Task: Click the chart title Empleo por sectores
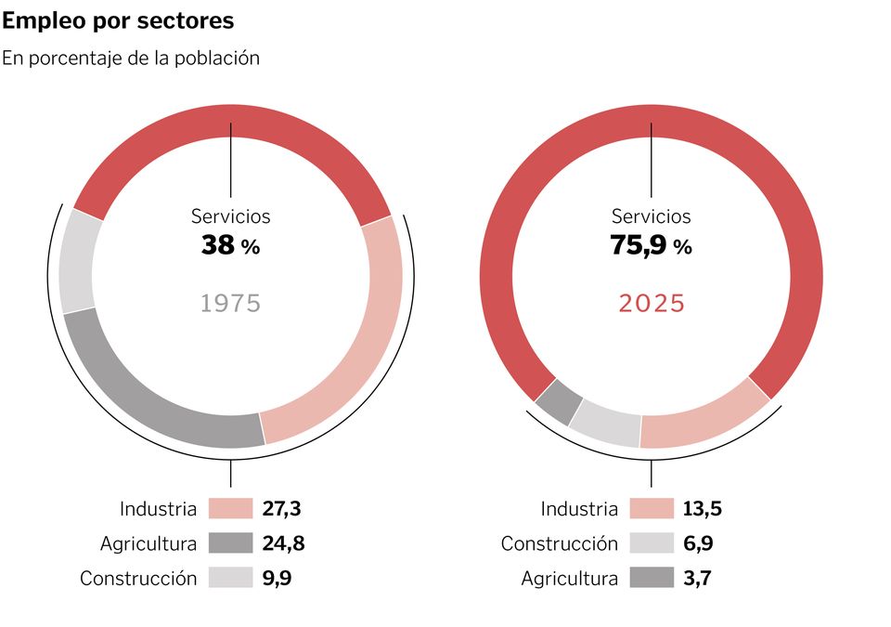[x=118, y=20]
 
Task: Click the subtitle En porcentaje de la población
[x=130, y=58]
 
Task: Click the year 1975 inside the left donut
[x=230, y=303]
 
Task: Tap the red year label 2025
[x=651, y=303]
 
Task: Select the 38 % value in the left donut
[x=230, y=246]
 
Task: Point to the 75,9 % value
[x=651, y=246]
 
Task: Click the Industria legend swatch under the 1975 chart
[x=230, y=509]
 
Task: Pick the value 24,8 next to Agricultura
[x=283, y=543]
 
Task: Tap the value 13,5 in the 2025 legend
[x=704, y=509]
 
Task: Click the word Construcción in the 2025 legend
[x=559, y=543]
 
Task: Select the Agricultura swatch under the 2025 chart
[x=651, y=578]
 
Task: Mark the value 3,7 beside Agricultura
[x=698, y=578]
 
